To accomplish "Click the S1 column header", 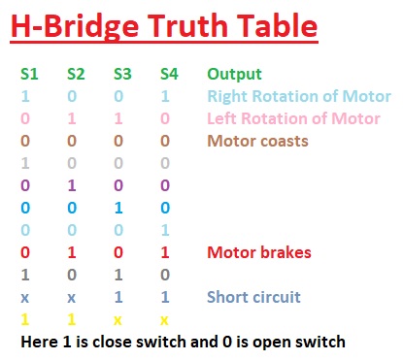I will [x=28, y=74].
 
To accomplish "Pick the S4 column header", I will [x=168, y=74].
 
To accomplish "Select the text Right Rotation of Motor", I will [x=299, y=96].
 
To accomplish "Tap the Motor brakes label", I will [x=258, y=252].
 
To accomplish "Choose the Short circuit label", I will [x=254, y=297].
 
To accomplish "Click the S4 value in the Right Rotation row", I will [x=166, y=96].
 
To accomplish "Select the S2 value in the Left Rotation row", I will [x=73, y=118].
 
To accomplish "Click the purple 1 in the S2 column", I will [x=73, y=185].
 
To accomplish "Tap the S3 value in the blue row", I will [x=119, y=208].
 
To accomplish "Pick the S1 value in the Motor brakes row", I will [x=25, y=252].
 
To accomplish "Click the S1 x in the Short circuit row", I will [x=25, y=297].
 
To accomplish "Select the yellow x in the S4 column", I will [x=166, y=319].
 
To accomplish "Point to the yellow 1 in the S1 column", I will [x=25, y=319].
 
